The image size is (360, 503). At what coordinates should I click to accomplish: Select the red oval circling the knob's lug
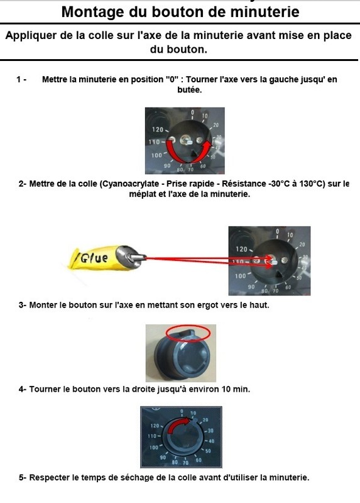tap(188, 333)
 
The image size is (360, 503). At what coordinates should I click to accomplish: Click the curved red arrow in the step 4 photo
tap(178, 424)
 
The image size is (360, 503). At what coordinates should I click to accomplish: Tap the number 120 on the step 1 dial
tap(158, 130)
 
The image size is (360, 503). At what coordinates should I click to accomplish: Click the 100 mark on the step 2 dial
tap(241, 276)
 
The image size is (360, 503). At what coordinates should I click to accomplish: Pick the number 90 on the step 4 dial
tap(163, 457)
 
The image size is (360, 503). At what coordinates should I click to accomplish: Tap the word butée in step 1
tap(190, 90)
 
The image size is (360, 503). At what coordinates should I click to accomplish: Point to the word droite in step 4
tap(144, 389)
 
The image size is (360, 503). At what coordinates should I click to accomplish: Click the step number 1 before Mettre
tap(19, 79)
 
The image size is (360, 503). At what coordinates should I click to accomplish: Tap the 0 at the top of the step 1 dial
tap(192, 113)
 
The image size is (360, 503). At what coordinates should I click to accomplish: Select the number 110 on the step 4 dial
tap(152, 436)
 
